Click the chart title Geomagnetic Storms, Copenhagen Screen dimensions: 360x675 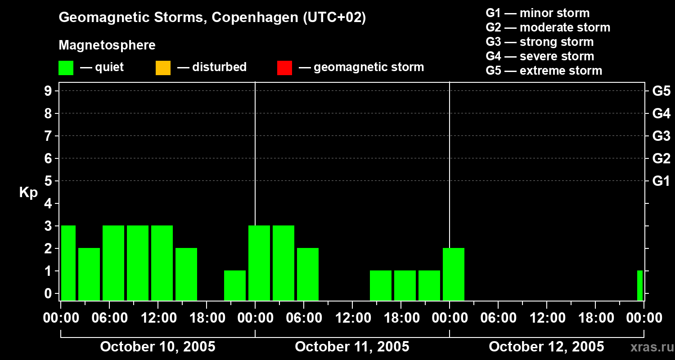212,18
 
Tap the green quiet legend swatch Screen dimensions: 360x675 66,67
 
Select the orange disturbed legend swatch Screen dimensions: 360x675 163,67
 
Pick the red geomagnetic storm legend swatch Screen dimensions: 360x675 284,67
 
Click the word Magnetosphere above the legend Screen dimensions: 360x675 107,45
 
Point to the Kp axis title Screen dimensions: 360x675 28,193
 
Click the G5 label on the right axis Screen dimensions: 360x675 661,91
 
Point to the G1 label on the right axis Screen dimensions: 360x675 661,181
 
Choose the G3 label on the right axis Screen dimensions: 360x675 661,136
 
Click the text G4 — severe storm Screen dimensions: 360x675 540,56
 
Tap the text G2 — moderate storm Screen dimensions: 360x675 548,27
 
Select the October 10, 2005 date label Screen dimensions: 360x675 157,346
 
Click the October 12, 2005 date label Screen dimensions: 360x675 546,346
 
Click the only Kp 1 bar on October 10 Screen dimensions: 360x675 235,285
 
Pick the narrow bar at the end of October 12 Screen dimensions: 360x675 640,285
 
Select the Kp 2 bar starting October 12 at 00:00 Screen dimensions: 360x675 454,274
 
